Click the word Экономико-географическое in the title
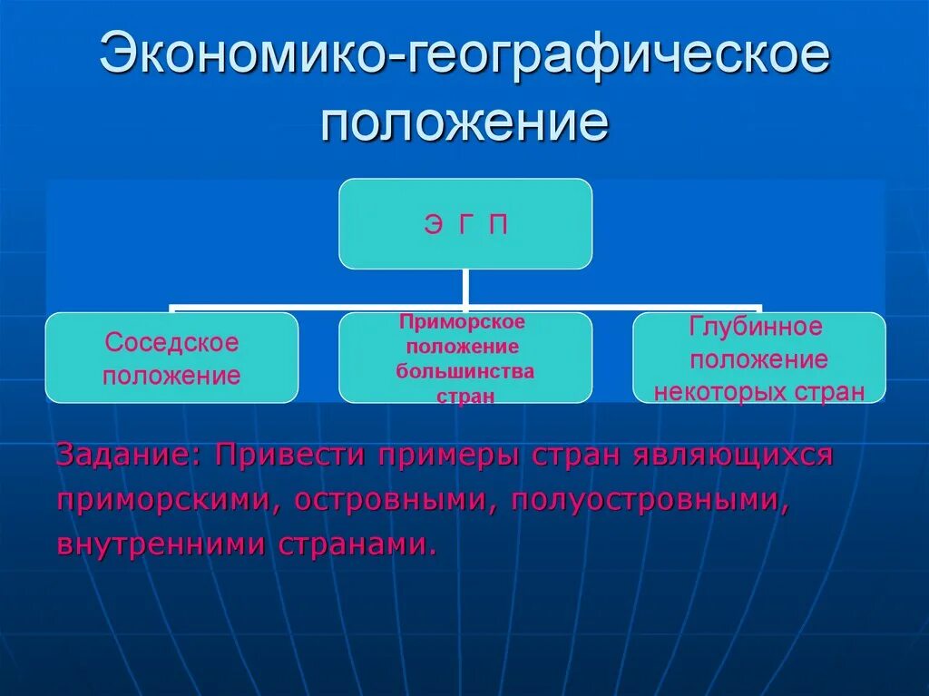pos(464,56)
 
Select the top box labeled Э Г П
pos(465,224)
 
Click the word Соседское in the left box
pos(171,343)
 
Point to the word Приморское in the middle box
pos(464,322)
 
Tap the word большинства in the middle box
pos(464,371)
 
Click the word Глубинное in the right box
pos(756,328)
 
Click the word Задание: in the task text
pos(130,455)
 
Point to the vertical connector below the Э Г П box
pos(465,288)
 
